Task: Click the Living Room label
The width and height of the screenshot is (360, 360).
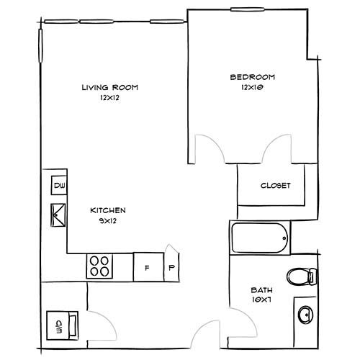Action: pyautogui.click(x=110, y=87)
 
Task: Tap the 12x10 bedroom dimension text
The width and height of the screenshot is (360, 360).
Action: pyautogui.click(x=252, y=87)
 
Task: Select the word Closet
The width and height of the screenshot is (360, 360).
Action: pyautogui.click(x=275, y=186)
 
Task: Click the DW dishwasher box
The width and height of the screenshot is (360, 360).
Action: pyautogui.click(x=59, y=185)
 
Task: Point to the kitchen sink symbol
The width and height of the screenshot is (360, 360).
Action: pyautogui.click(x=58, y=215)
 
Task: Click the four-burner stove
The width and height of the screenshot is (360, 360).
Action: pyautogui.click(x=99, y=266)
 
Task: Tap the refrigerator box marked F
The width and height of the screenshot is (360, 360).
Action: pyautogui.click(x=148, y=267)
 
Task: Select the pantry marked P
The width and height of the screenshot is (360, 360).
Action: pyautogui.click(x=171, y=264)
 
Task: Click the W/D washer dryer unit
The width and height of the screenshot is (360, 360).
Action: pyautogui.click(x=63, y=325)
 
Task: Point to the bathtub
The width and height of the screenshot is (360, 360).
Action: pyautogui.click(x=260, y=238)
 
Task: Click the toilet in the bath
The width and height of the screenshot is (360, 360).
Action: pyautogui.click(x=302, y=276)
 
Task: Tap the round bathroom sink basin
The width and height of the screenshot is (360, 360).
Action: pyautogui.click(x=305, y=315)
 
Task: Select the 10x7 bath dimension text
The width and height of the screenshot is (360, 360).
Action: pyautogui.click(x=261, y=300)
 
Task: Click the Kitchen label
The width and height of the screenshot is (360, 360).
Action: pyautogui.click(x=108, y=210)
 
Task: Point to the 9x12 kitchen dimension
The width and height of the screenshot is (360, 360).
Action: pyautogui.click(x=108, y=221)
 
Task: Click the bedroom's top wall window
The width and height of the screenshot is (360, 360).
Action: pyautogui.click(x=248, y=9)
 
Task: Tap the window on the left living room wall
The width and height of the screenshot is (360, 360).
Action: pyautogui.click(x=40, y=45)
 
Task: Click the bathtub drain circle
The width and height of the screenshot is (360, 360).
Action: pyautogui.click(x=284, y=238)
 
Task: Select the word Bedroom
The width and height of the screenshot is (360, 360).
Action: pyautogui.click(x=252, y=77)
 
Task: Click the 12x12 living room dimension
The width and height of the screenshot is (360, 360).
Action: pyautogui.click(x=109, y=98)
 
